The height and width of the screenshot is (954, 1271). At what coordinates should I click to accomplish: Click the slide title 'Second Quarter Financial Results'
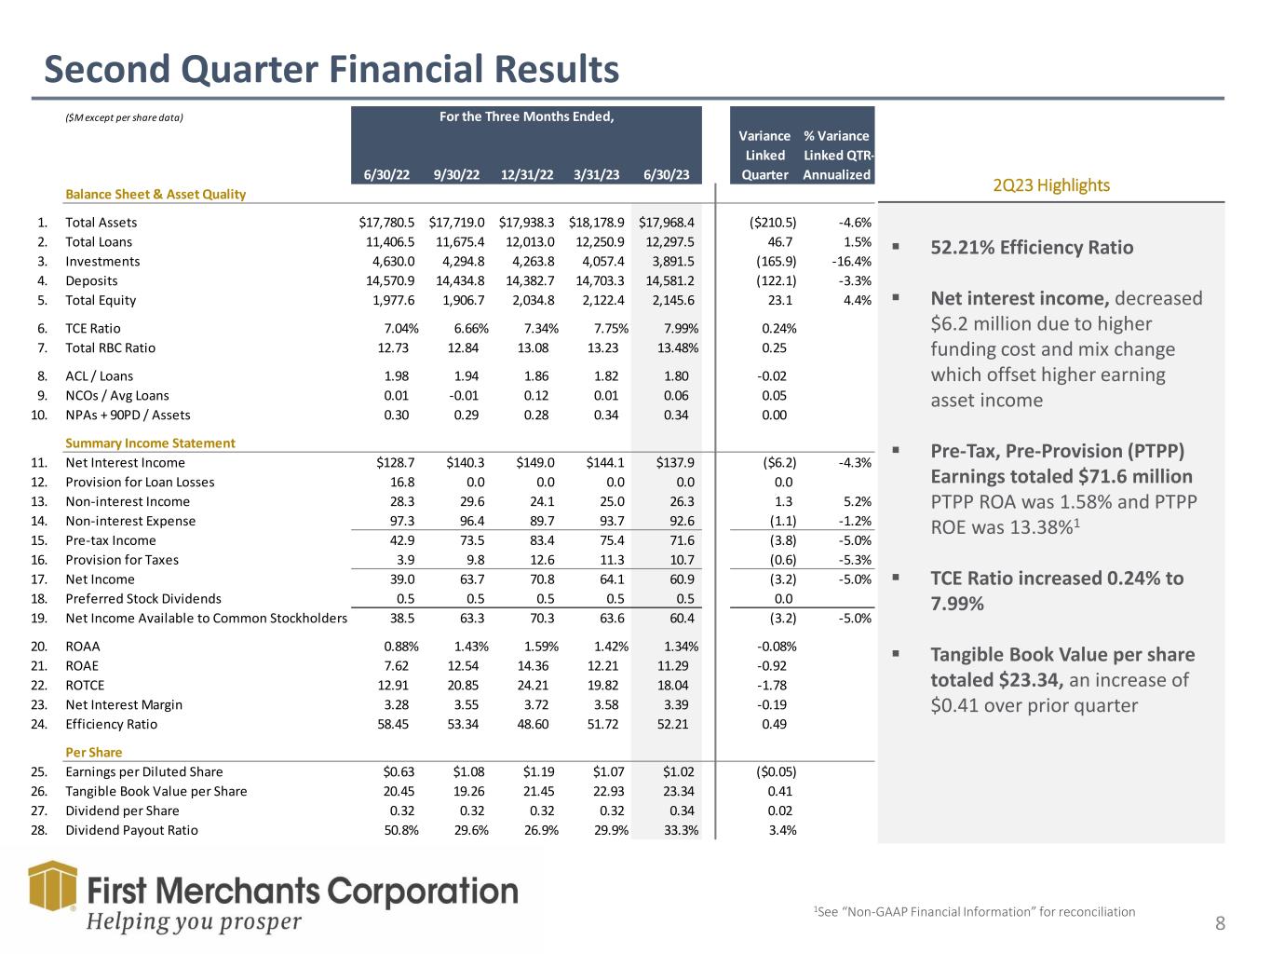click(331, 70)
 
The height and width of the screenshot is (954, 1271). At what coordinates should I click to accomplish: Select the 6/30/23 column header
click(666, 175)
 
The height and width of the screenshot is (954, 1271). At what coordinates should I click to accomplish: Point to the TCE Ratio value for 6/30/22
click(400, 329)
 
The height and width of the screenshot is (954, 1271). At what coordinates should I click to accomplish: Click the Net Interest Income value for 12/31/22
click(534, 463)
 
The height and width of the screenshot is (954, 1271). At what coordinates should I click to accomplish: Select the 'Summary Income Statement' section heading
click(150, 443)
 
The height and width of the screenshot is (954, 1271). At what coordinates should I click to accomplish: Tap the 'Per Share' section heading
click(93, 753)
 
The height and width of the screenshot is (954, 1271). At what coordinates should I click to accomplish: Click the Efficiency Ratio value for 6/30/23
click(672, 725)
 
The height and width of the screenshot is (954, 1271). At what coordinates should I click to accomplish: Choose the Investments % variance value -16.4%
click(851, 262)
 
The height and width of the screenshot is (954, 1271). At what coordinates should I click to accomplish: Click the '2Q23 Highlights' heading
click(1051, 185)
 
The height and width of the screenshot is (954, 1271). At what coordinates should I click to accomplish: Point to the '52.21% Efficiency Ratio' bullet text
click(1032, 248)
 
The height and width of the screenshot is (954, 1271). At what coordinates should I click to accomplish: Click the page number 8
click(1220, 924)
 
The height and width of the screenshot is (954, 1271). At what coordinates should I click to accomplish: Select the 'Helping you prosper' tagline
click(194, 922)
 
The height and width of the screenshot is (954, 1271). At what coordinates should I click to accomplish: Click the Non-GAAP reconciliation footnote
click(974, 912)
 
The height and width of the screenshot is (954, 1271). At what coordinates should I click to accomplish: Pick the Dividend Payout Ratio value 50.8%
click(400, 831)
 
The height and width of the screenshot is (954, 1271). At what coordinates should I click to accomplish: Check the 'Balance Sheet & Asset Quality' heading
click(155, 195)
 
